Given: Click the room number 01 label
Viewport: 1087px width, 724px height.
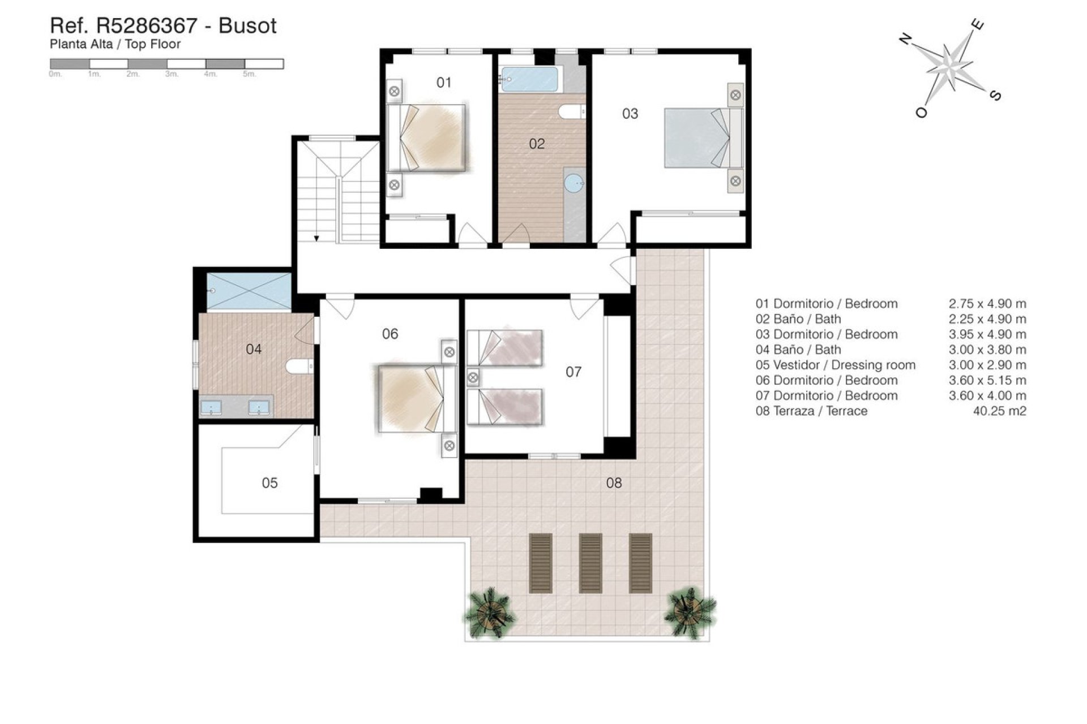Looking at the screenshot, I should point(444,83).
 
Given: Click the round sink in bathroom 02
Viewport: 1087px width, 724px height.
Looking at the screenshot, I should point(575,183).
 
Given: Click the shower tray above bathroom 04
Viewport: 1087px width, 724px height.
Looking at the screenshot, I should point(249,291).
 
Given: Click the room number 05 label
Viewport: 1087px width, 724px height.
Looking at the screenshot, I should point(269,482).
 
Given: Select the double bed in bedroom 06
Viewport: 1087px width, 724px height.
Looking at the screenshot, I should point(416,399).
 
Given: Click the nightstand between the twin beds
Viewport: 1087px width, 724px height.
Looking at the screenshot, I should point(473,377).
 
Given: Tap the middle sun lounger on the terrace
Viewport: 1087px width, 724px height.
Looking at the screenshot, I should point(590,563).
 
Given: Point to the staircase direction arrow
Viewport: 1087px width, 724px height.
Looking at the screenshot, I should point(316,238).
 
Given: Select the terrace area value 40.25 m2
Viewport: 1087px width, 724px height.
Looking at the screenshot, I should point(999,411).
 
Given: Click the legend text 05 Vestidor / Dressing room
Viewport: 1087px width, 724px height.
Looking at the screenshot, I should point(835,365).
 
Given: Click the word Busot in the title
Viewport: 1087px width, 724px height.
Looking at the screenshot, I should point(247,26).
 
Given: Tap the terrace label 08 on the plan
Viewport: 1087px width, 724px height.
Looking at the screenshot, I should point(614,482).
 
